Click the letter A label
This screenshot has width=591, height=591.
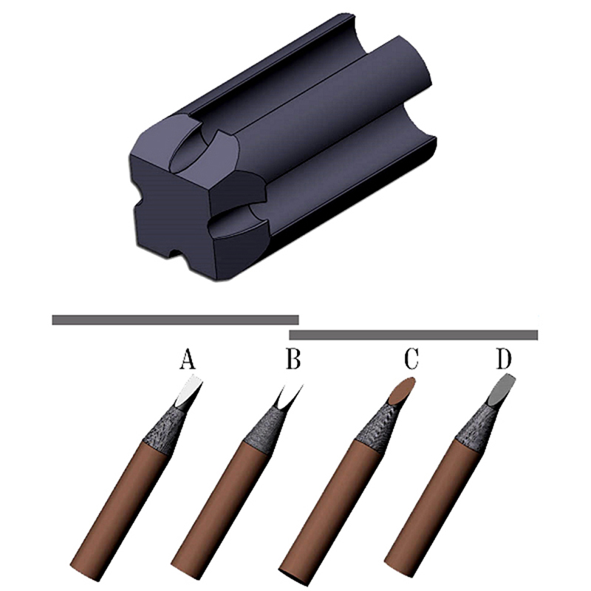(188, 358)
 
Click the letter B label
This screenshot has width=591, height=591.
(293, 358)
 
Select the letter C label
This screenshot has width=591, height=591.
(411, 358)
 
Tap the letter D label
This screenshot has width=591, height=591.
(504, 358)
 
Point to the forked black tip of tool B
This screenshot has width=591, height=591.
(288, 398)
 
